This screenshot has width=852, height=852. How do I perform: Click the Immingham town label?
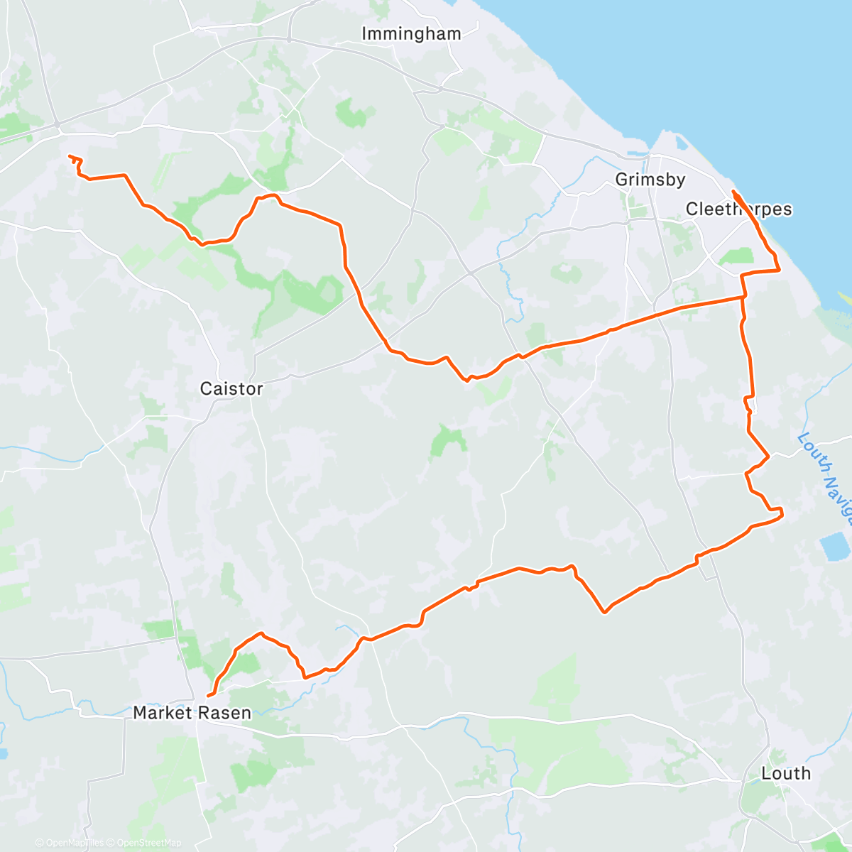click(411, 33)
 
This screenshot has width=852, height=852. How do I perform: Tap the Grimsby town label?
click(650, 180)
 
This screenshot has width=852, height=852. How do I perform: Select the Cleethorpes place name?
click(738, 209)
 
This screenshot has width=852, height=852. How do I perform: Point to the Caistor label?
click(231, 388)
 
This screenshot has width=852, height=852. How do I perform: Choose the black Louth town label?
click(785, 773)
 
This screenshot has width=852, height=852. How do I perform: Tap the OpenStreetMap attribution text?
click(149, 843)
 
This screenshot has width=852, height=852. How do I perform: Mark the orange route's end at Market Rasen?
click(208, 696)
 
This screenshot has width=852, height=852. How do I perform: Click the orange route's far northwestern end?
click(69, 156)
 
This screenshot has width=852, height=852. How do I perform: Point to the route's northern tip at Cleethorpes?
click(733, 192)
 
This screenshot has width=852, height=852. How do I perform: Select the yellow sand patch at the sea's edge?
click(845, 297)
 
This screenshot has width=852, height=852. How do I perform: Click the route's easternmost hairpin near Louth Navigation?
click(781, 513)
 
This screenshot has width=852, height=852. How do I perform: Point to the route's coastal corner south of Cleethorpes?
click(779, 270)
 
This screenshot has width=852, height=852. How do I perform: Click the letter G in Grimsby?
click(621, 180)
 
